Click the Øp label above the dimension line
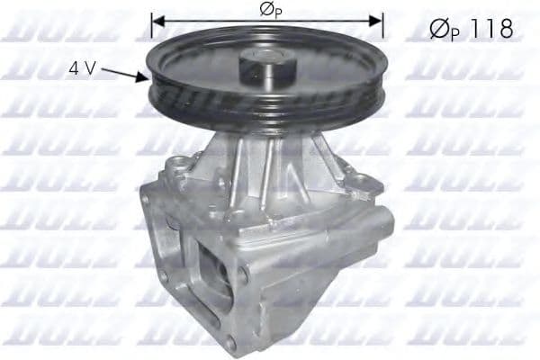267,10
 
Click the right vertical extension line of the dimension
383,31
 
